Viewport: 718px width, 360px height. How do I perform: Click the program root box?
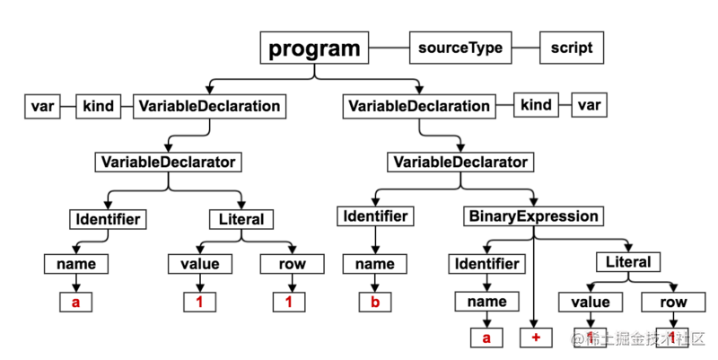[x=315, y=48]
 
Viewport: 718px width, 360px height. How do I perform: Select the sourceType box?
[x=460, y=47]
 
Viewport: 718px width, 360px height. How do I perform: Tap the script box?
[x=572, y=47]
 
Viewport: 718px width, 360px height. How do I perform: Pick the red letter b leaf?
[x=375, y=302]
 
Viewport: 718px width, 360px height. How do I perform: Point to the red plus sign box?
[x=534, y=338]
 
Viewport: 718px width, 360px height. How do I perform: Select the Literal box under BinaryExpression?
[x=629, y=262]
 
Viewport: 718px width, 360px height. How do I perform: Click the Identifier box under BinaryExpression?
[x=486, y=264]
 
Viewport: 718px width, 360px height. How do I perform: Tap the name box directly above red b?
[x=375, y=264]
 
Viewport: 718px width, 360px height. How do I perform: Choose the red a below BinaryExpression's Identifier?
[x=486, y=338]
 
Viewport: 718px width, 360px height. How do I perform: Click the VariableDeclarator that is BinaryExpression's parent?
[x=459, y=162]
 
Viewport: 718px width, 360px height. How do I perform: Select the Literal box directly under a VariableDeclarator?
[x=241, y=218]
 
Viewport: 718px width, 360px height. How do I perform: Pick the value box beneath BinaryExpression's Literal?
[x=591, y=302]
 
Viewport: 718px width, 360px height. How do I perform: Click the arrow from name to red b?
[x=375, y=283]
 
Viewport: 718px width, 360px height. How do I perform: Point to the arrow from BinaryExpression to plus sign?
[x=534, y=278]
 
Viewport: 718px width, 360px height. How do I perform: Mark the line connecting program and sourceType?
[x=390, y=47]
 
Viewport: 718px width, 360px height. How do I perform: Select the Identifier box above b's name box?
[x=375, y=216]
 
